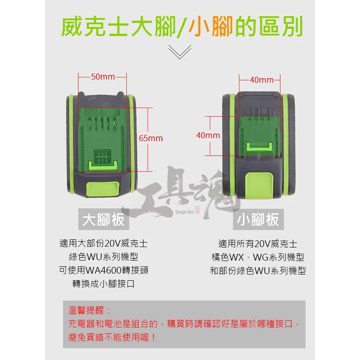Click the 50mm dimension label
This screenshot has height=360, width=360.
103,76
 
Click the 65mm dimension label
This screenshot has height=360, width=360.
151,138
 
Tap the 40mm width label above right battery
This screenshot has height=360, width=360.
261,80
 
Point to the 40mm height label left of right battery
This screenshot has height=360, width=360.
208,135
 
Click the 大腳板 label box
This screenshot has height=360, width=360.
104,219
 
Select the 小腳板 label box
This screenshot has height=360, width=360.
258,219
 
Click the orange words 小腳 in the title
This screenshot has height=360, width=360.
211,26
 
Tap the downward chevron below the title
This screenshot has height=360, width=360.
180,52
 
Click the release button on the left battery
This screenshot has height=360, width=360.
103,189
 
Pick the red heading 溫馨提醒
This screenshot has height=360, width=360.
86,310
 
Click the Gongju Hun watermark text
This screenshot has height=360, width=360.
184,211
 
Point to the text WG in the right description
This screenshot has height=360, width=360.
261,257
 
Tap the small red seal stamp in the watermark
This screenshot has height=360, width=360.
198,210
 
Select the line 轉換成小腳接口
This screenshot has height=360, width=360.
103,284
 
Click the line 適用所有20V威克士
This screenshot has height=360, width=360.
258,244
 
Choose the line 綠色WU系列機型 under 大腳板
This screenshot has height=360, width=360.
103,257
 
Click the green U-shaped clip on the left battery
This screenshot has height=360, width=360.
103,166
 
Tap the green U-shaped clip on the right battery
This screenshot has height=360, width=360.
260,147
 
